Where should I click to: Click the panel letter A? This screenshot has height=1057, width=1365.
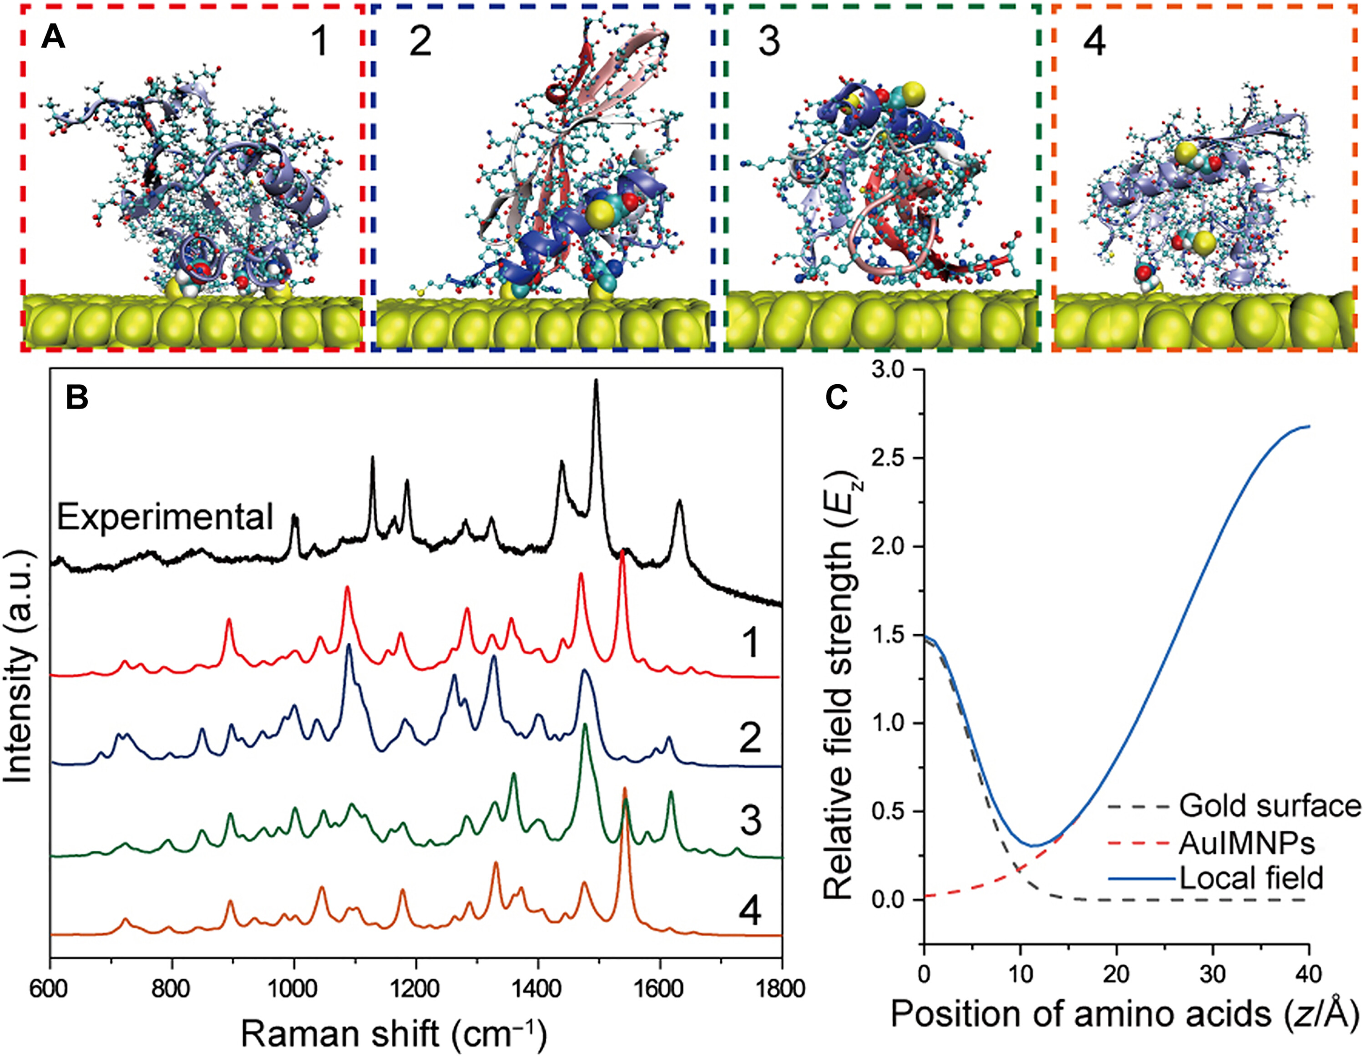tap(53, 38)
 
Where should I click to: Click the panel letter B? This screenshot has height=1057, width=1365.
tap(77, 398)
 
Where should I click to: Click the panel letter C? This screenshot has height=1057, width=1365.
tap(836, 398)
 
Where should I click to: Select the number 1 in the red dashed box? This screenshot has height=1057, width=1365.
tap(319, 42)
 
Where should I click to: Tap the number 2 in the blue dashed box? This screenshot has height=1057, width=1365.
tap(420, 42)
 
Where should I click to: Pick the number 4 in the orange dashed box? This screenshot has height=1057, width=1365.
tap(1094, 42)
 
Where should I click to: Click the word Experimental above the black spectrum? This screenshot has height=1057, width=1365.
tap(165, 517)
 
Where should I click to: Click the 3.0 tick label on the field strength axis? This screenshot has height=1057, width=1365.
tap(893, 370)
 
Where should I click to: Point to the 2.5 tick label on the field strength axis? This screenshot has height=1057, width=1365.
tap(893, 458)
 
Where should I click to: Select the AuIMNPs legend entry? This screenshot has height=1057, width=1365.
tap(1247, 843)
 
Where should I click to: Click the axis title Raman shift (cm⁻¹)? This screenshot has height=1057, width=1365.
tap(394, 1035)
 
